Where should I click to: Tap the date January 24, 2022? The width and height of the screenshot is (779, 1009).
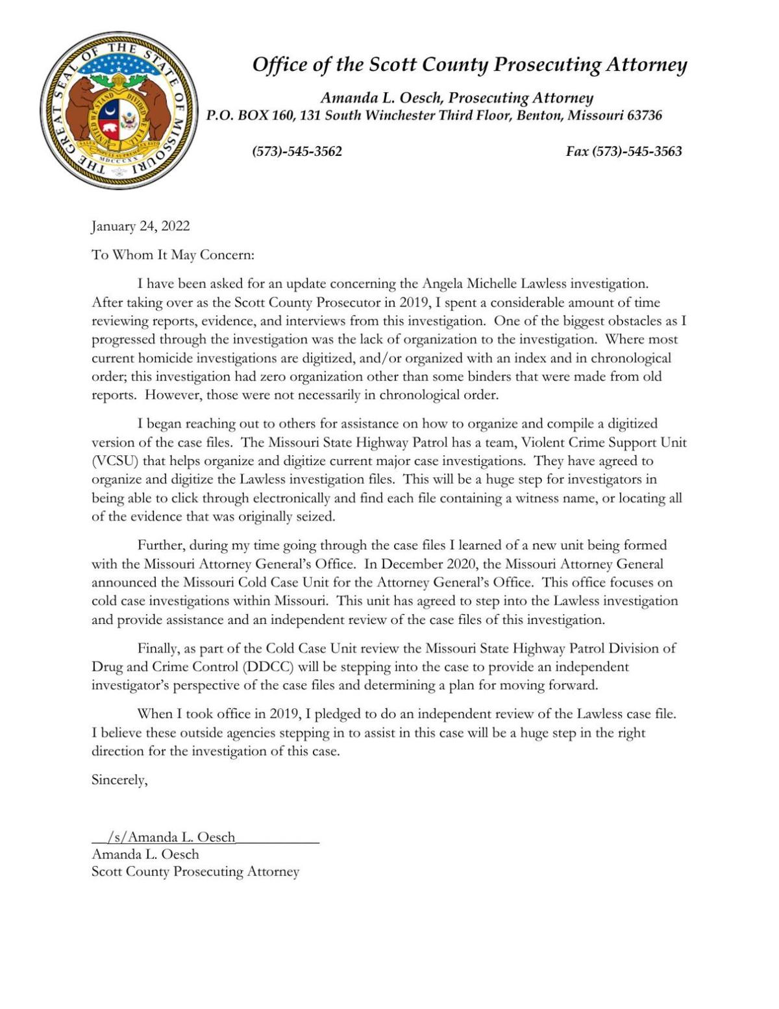coord(141,226)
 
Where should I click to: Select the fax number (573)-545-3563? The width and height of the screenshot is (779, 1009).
coord(624,151)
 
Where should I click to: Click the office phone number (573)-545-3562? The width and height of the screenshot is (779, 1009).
coord(297,151)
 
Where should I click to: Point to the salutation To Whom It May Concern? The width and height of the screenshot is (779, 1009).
coord(173,255)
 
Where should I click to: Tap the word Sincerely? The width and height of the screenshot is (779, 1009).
coord(119,780)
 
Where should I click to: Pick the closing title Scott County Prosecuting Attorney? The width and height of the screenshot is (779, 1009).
coord(195,871)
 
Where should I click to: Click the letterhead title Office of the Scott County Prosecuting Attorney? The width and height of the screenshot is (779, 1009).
coord(469,64)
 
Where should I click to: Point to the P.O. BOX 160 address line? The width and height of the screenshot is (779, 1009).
coord(434,116)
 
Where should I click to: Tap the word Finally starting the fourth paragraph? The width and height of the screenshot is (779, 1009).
coord(158,648)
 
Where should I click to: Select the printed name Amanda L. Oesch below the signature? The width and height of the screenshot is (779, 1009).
coord(145,854)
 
